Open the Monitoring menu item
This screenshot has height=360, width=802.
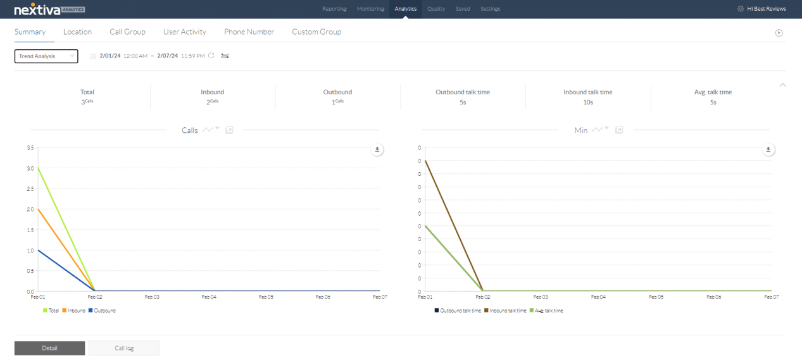click(x=370, y=9)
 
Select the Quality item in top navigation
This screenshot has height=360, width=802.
click(x=435, y=9)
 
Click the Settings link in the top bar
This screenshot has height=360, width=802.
click(x=490, y=9)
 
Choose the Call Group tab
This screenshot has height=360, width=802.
click(x=127, y=32)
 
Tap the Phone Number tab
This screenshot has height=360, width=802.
click(x=249, y=32)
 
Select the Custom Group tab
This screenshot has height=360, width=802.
click(x=316, y=32)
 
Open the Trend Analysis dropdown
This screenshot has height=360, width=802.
click(x=46, y=56)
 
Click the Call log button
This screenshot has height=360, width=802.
click(x=124, y=348)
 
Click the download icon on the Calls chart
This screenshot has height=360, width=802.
click(x=377, y=150)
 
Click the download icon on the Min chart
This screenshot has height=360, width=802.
click(x=768, y=150)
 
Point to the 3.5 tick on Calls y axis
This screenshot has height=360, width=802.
click(x=30, y=147)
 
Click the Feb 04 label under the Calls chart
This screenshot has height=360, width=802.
click(x=209, y=296)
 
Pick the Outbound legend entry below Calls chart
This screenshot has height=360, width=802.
click(x=102, y=311)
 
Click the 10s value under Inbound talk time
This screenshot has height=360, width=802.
click(x=587, y=102)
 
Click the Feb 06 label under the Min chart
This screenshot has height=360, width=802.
click(x=713, y=296)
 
